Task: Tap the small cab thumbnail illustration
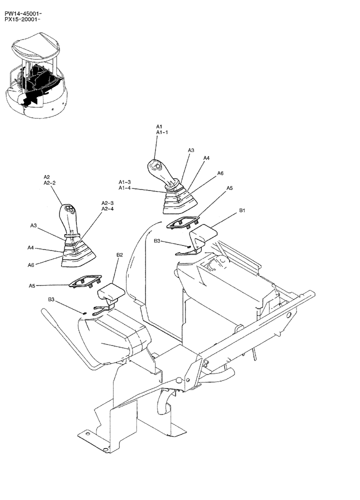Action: tap(35, 75)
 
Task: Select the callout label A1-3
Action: tap(124, 182)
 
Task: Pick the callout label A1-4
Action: tap(124, 188)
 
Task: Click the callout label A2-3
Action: tap(107, 203)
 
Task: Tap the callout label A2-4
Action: tap(107, 209)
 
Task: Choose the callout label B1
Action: tap(242, 211)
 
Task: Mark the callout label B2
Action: tap(119, 255)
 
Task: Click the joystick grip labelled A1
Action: tap(161, 172)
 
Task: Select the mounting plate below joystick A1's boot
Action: tap(185, 223)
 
